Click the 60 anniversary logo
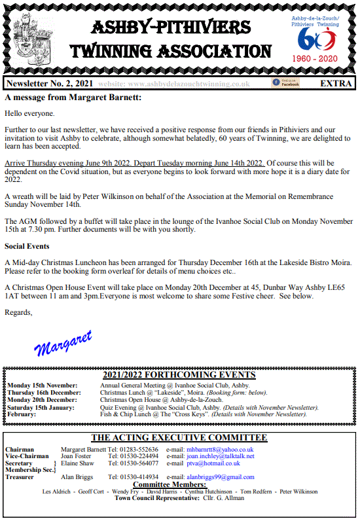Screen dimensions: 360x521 tap(315, 40)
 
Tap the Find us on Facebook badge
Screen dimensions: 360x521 tap(285, 83)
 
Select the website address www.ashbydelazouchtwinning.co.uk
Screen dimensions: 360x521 tap(175, 84)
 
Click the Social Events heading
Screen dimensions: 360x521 tap(27, 247)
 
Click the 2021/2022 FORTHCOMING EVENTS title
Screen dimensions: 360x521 tap(179, 375)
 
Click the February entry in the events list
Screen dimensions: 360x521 tap(22, 414)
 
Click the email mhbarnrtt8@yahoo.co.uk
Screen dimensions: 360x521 tap(219, 450)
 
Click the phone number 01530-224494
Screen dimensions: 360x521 tap(134, 456)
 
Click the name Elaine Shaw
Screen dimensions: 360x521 tap(77, 463)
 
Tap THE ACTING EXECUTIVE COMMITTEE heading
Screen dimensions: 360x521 tap(179, 438)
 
